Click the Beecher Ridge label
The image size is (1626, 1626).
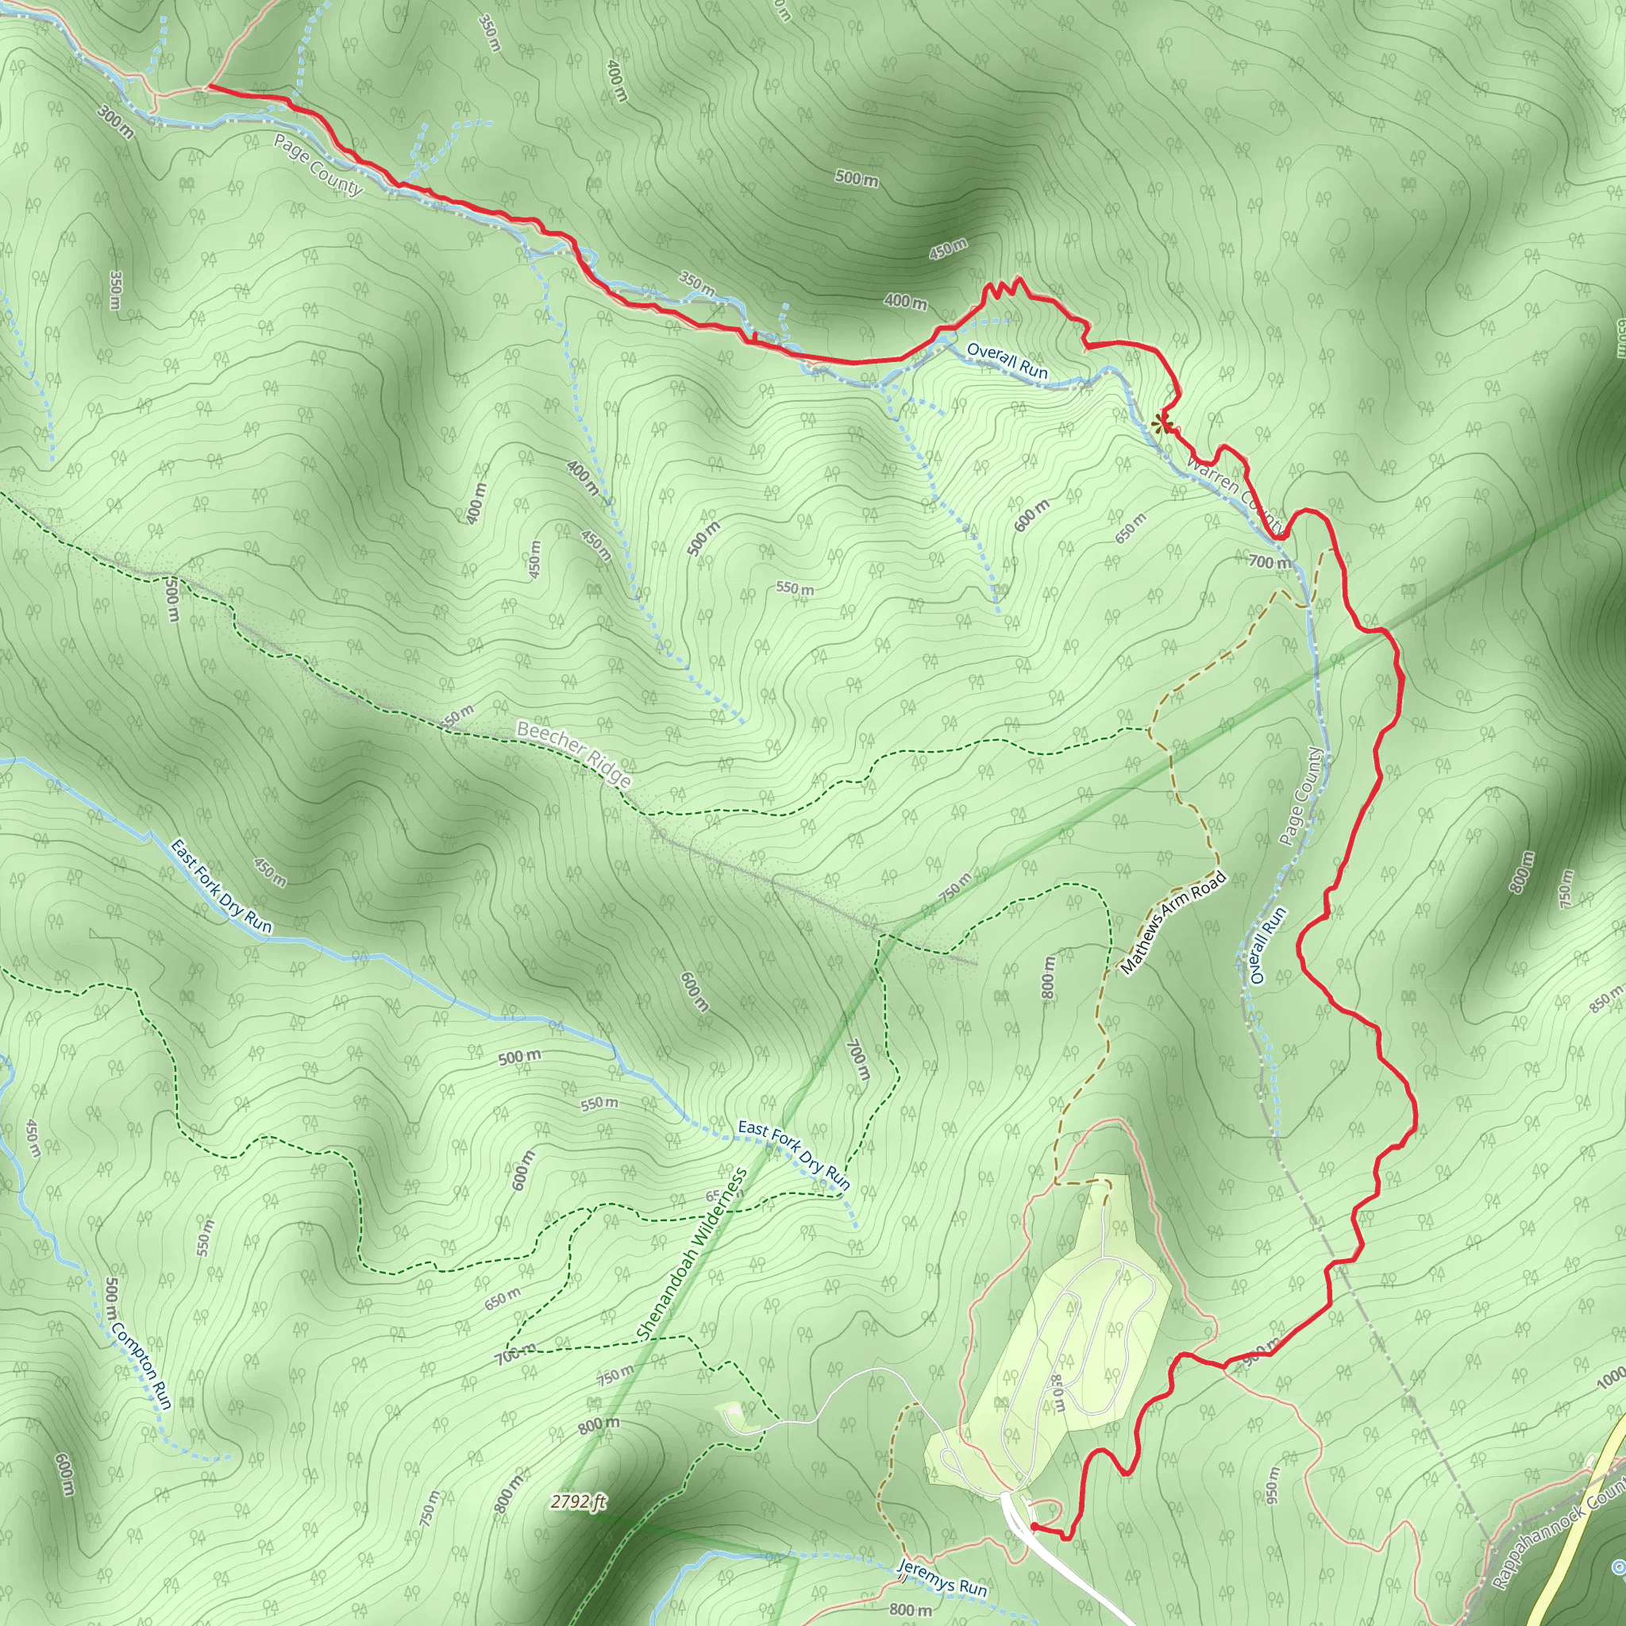(574, 753)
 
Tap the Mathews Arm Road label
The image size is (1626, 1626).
(1173, 923)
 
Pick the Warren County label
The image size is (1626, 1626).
(1237, 495)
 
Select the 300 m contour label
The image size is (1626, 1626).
(115, 121)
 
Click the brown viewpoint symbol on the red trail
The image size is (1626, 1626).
(1163, 422)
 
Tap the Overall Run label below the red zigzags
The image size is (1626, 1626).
(1007, 360)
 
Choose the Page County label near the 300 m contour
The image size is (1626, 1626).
(318, 165)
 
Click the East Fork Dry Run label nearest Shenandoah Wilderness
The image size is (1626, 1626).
(794, 1154)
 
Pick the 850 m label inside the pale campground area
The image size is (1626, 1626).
(1057, 1393)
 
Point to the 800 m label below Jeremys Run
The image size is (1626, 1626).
(911, 1609)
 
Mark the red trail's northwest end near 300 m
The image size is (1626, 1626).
(208, 86)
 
